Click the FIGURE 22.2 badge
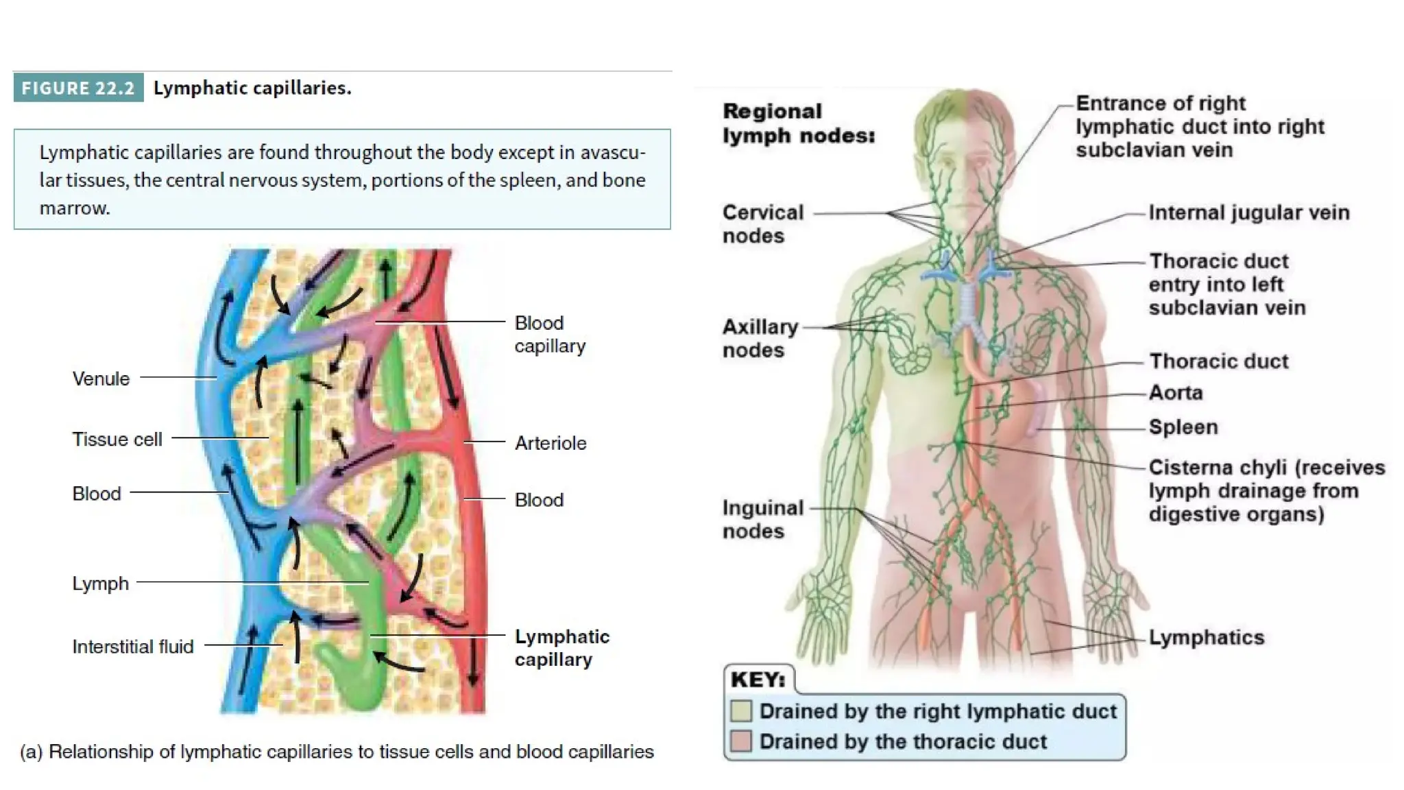(x=78, y=88)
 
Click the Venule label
(x=101, y=379)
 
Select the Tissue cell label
(x=117, y=439)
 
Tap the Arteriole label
(x=550, y=443)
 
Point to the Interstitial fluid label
(x=133, y=647)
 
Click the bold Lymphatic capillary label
(x=561, y=648)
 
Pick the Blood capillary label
(x=550, y=335)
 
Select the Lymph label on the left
(x=100, y=584)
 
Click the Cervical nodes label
(x=762, y=224)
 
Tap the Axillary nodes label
(x=760, y=338)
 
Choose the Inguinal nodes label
(x=762, y=519)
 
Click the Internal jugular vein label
(x=1248, y=213)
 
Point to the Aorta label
(x=1176, y=393)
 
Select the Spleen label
(x=1183, y=427)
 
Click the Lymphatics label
(x=1207, y=638)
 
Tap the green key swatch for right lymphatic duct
(x=741, y=711)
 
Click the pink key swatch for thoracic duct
(x=741, y=741)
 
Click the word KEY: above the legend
(x=758, y=680)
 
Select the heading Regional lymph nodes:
(x=798, y=123)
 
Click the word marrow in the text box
(x=74, y=208)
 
